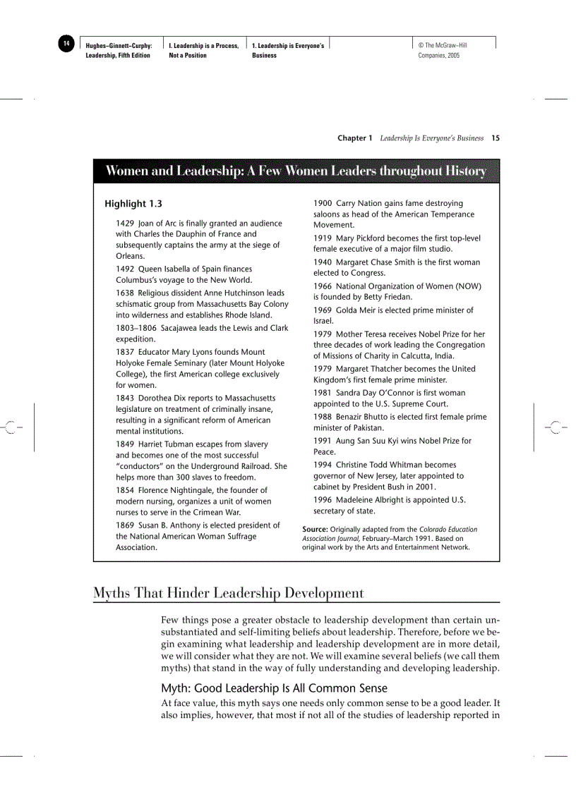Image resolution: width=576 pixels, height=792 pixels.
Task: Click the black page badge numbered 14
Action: pyautogui.click(x=66, y=44)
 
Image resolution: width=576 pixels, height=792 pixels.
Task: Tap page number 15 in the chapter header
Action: pyautogui.click(x=496, y=138)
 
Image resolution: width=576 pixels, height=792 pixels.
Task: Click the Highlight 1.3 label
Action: pyautogui.click(x=133, y=204)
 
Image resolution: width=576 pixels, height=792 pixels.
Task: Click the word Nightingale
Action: pyautogui.click(x=198, y=490)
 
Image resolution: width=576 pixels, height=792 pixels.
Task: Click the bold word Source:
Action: pyautogui.click(x=315, y=529)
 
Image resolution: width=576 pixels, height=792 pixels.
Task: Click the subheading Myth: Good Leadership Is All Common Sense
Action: pyautogui.click(x=274, y=688)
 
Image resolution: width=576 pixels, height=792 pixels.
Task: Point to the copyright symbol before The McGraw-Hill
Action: pyautogui.click(x=421, y=46)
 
